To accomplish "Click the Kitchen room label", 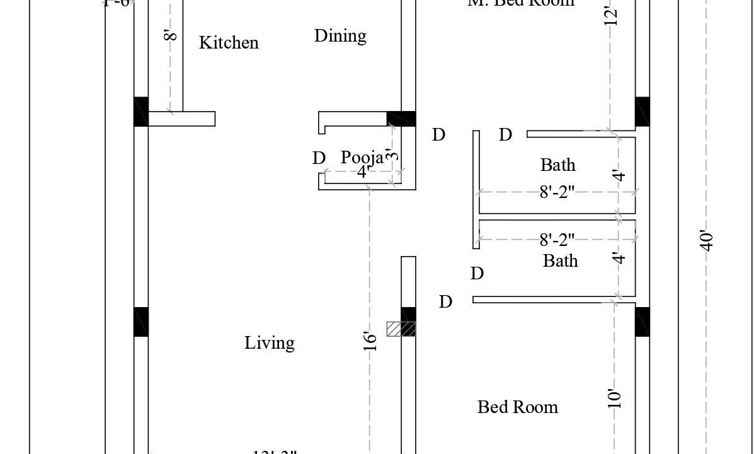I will pyautogui.click(x=229, y=43).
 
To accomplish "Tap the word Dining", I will pyautogui.click(x=340, y=36).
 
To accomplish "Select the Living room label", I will pyautogui.click(x=270, y=343).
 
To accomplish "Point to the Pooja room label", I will pyautogui.click(x=362, y=157).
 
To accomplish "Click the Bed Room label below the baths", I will pyautogui.click(x=518, y=407).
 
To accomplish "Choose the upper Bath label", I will pyautogui.click(x=557, y=165).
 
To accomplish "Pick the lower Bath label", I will pyautogui.click(x=560, y=260).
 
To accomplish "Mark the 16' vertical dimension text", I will pyautogui.click(x=371, y=340).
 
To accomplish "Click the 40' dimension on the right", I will pyautogui.click(x=707, y=241).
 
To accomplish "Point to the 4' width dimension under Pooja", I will pyautogui.click(x=363, y=173).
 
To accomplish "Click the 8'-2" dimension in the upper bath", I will pyautogui.click(x=557, y=192).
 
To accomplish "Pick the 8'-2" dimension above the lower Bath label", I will pyautogui.click(x=557, y=240).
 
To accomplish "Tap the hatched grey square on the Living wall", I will pyautogui.click(x=401, y=329).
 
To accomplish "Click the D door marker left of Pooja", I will pyautogui.click(x=319, y=158).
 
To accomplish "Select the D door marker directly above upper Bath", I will pyautogui.click(x=505, y=135).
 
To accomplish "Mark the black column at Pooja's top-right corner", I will pyautogui.click(x=401, y=119).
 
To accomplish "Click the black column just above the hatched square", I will pyautogui.click(x=408, y=314).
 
